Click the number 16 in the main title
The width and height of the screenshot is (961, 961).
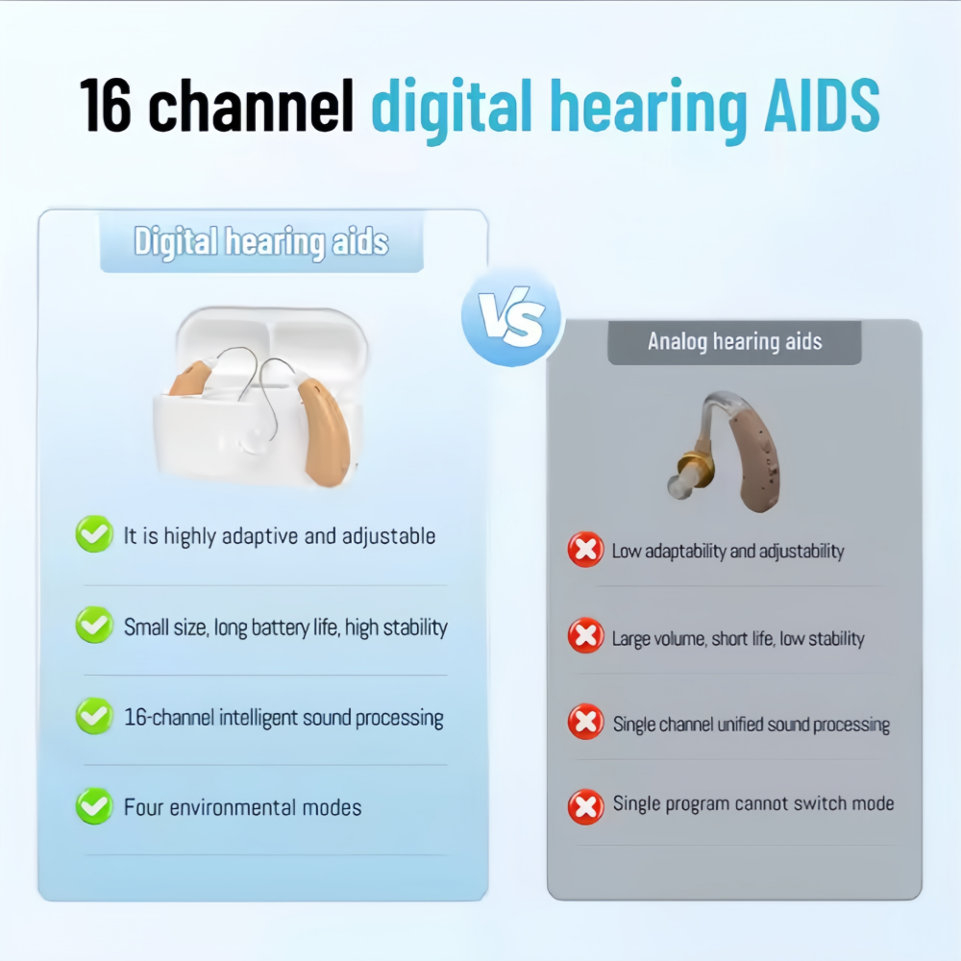(x=106, y=106)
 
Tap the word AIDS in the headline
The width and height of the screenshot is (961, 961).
(x=822, y=106)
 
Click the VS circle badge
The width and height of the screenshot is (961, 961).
(x=512, y=317)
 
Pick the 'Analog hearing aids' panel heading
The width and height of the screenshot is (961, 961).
(x=735, y=341)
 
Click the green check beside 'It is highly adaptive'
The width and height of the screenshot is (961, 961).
(x=94, y=533)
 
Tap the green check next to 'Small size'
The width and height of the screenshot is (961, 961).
(x=94, y=625)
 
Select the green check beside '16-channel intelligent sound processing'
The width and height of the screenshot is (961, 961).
(x=94, y=715)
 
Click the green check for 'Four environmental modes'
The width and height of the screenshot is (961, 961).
(x=94, y=806)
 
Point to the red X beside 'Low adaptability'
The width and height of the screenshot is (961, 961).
(x=586, y=549)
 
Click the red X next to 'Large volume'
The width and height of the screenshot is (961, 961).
(x=586, y=635)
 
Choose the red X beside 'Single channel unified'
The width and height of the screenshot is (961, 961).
(x=586, y=722)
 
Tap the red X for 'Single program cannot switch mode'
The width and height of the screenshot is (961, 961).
(x=586, y=806)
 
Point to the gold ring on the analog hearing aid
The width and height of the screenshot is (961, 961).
(x=696, y=468)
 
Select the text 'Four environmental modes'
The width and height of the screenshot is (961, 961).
(x=243, y=807)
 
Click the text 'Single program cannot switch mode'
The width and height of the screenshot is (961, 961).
(x=753, y=803)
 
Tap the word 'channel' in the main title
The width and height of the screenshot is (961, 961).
(x=251, y=106)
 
